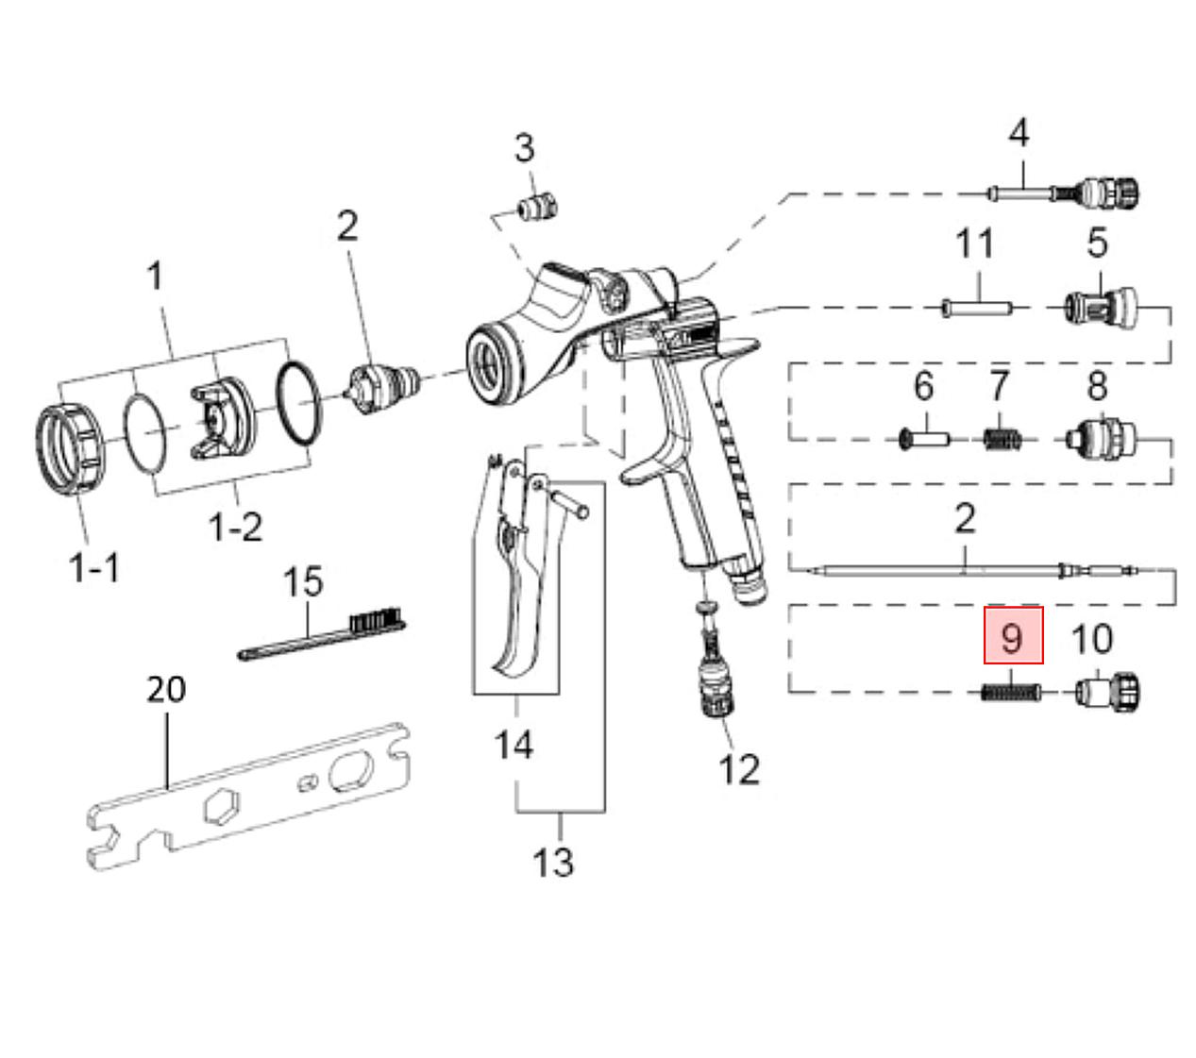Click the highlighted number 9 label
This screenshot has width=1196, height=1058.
pyautogui.click(x=1013, y=635)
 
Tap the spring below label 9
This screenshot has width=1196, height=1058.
pyautogui.click(x=1011, y=692)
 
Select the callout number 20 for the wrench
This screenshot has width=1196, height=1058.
pyautogui.click(x=166, y=688)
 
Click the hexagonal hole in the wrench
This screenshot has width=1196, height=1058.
pyautogui.click(x=222, y=807)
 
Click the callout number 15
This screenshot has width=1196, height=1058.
pyautogui.click(x=303, y=581)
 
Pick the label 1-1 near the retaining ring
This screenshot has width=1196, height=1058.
pyautogui.click(x=94, y=567)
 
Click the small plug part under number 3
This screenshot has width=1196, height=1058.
pyautogui.click(x=536, y=206)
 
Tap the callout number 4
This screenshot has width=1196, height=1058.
pyautogui.click(x=1019, y=133)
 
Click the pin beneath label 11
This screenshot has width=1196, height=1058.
pyautogui.click(x=976, y=309)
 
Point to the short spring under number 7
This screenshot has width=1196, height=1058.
pyautogui.click(x=1002, y=439)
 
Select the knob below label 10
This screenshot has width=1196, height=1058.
pyautogui.click(x=1107, y=692)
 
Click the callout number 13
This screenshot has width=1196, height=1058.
pyautogui.click(x=553, y=863)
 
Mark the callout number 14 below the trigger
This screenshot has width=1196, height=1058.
pyautogui.click(x=514, y=745)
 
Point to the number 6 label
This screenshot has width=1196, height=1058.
pyautogui.click(x=924, y=385)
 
